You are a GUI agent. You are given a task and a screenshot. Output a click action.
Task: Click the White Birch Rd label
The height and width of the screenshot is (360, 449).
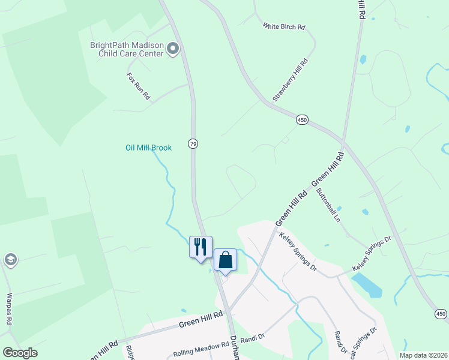point(285,26)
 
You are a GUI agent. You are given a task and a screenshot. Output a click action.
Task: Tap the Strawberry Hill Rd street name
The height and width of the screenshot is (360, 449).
point(290,79)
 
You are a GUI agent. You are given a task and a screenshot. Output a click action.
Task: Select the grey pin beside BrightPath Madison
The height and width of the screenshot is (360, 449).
point(173,49)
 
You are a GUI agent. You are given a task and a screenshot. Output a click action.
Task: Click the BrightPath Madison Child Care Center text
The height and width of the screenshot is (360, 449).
point(127,49)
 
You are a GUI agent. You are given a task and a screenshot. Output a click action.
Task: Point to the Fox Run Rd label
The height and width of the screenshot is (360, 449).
point(138,86)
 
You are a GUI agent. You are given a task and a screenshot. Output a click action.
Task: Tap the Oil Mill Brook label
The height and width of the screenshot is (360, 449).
point(148,148)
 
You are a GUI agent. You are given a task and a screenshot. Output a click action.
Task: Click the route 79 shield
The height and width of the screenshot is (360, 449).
point(193,144)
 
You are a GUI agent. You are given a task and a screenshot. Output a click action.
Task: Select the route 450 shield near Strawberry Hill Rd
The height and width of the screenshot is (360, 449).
point(302,121)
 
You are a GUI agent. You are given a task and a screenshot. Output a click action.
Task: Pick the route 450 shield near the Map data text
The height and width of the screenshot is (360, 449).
point(441,314)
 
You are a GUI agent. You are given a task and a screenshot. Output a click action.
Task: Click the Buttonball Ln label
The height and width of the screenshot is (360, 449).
point(328,206)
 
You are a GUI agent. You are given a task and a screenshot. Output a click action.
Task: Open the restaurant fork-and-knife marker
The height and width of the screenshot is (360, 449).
point(200,247)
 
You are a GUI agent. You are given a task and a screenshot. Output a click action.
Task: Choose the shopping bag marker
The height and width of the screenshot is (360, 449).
point(225,260)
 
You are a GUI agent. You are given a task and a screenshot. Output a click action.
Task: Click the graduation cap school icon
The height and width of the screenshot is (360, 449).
point(10,260)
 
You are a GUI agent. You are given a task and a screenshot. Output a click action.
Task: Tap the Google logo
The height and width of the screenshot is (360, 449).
point(20,353)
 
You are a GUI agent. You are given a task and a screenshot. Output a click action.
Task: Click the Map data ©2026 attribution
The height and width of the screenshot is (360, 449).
point(423,355)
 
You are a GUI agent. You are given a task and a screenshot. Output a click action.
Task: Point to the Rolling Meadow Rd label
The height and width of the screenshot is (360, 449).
point(201,354)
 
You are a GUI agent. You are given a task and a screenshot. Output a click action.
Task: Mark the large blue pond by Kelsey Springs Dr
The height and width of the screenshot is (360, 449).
point(367,285)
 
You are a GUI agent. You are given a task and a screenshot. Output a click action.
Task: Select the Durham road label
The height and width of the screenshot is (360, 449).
point(234,348)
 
